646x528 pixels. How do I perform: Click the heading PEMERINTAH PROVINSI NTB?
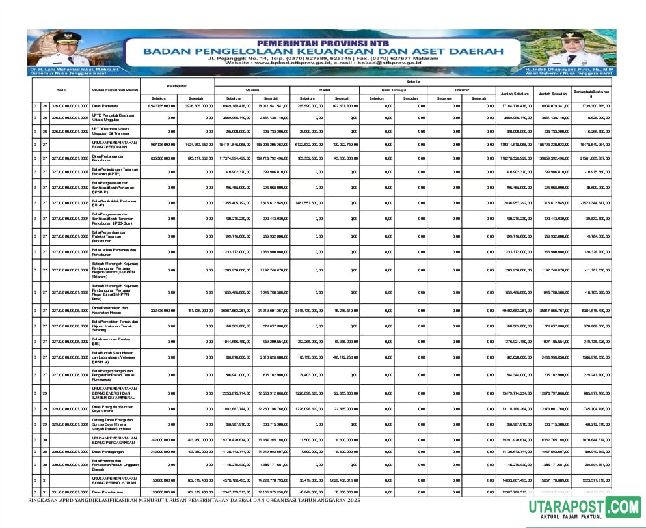pyautogui.click(x=322, y=41)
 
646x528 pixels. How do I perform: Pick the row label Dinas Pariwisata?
pyautogui.click(x=105, y=105)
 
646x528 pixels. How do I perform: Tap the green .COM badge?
pyautogui.click(x=623, y=506)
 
